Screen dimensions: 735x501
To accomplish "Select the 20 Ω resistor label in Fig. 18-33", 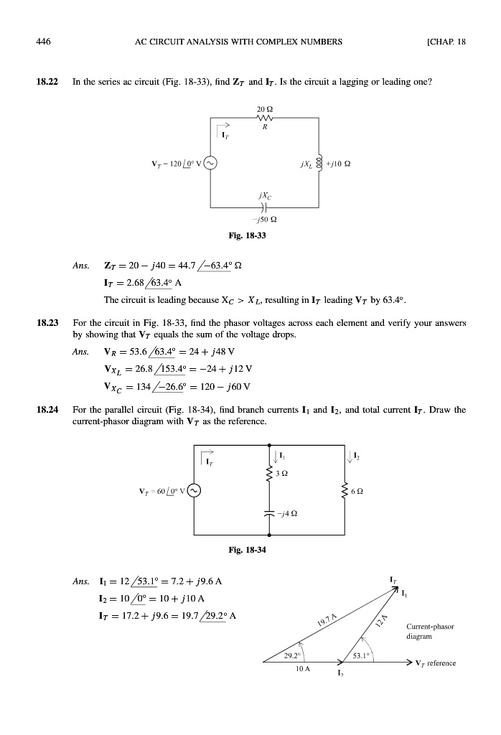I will click(x=262, y=109).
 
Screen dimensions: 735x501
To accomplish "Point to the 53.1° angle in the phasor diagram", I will click(x=355, y=655).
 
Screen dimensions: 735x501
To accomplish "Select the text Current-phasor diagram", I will click(x=431, y=630).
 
